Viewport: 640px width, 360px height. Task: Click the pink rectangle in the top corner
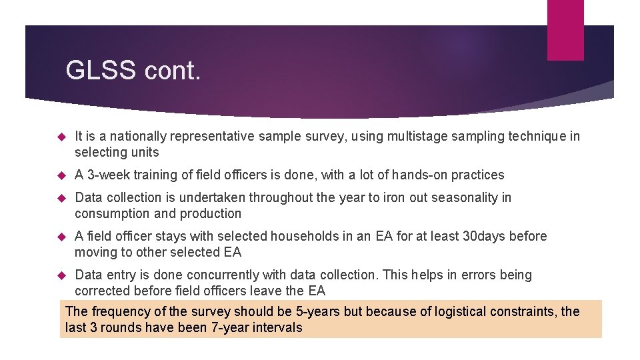point(565,30)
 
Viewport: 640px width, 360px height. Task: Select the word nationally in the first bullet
point(136,137)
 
